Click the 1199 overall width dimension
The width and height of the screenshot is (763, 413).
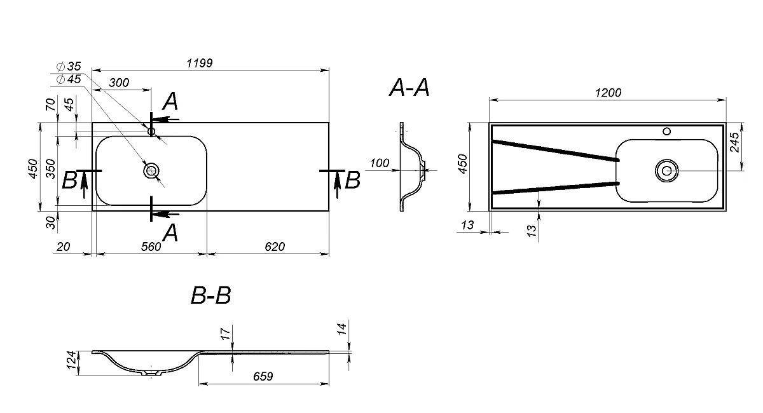[200, 63]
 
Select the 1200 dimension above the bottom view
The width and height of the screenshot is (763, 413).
[608, 93]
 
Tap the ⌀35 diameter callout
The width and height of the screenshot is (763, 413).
[69, 66]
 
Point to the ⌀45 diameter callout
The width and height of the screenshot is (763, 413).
[69, 79]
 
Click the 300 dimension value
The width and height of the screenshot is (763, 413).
[119, 83]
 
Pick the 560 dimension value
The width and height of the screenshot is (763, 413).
[151, 247]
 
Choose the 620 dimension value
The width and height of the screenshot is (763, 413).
[275, 247]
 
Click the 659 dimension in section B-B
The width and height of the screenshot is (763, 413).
[263, 376]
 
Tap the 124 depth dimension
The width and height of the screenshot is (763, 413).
[71, 360]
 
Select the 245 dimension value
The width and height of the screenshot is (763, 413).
[734, 142]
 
